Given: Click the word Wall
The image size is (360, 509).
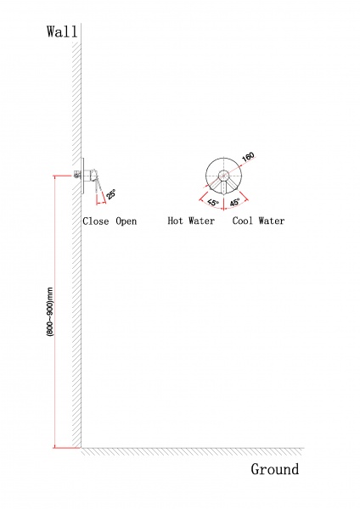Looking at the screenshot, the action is tap(62, 32).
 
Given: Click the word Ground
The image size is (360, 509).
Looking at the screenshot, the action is tap(275, 469).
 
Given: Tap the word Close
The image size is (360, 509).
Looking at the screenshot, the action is tap(96, 221).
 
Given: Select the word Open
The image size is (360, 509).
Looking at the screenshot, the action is tap(127, 221).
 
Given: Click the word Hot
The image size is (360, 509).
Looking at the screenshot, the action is tap(175, 221).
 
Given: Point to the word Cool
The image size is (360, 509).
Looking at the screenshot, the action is tap(242, 221).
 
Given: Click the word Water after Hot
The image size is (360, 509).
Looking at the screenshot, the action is tap(201, 221).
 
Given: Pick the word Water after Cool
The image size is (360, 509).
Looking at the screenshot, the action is tap(272, 221).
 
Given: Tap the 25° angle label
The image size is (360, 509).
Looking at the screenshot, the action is tap(110, 194).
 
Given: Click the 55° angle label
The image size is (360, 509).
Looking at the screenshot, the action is tap(213, 202).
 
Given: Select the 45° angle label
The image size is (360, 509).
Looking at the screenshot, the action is tap(235, 202).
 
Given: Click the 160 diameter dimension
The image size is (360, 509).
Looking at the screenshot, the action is tap(248, 157).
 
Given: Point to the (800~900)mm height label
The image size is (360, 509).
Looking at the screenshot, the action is tap(50, 311).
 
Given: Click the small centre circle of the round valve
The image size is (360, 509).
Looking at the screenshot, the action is tap(223, 176).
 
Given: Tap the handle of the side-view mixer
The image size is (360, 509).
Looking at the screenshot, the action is tap(98, 187).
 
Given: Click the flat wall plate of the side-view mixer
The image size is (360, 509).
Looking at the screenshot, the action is tap(82, 176).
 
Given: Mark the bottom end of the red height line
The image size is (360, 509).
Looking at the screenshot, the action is tap(55, 447).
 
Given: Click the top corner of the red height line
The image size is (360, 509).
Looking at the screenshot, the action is tap(55, 176).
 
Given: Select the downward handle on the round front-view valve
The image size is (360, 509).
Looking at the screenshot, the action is tap(224, 187).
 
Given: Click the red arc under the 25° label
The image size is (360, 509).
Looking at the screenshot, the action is tap(101, 203).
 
